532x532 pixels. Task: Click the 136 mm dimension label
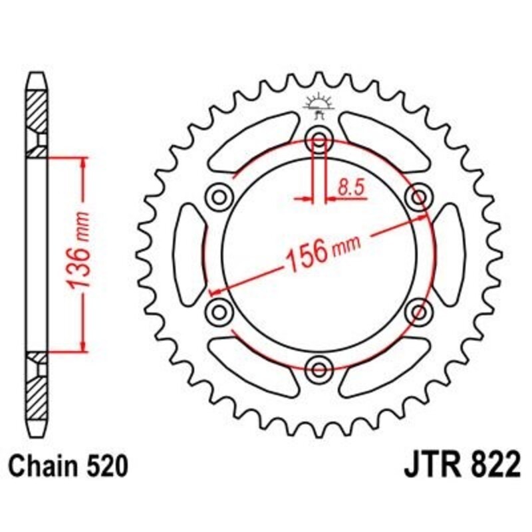pos(80,253)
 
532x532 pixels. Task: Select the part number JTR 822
pos(460,466)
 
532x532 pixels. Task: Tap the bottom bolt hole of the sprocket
pos(320,368)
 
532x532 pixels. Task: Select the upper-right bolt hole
pos(420,197)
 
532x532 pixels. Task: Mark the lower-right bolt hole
pos(420,311)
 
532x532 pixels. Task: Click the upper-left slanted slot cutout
pos(253,142)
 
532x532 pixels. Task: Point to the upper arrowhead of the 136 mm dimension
pos(83,163)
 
